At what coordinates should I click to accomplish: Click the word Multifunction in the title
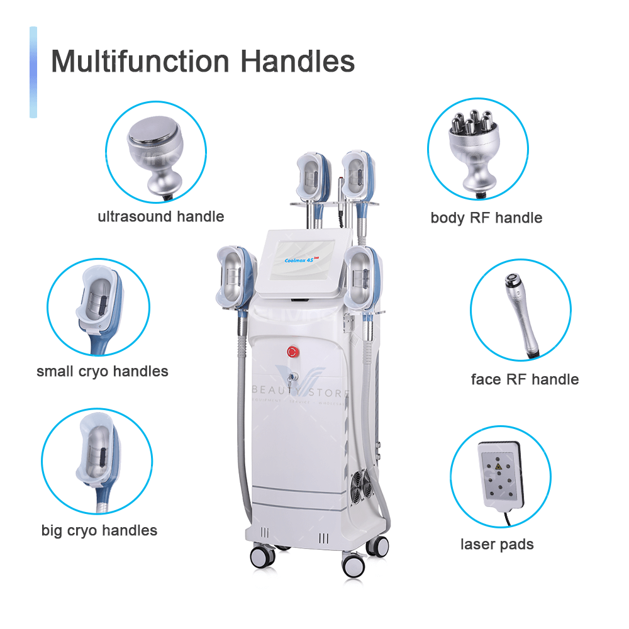(x=141, y=62)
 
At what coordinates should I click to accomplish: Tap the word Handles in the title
(x=299, y=62)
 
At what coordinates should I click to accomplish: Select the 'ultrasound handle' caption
(x=160, y=217)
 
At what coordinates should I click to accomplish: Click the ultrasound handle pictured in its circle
(x=155, y=153)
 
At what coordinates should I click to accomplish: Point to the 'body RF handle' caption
(x=486, y=218)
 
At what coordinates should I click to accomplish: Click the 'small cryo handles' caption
(x=103, y=371)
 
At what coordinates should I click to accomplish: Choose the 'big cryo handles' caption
(x=99, y=530)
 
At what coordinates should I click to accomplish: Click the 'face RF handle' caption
(x=525, y=379)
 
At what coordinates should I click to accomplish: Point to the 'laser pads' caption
(x=497, y=544)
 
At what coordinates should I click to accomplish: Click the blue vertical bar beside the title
(x=33, y=72)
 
